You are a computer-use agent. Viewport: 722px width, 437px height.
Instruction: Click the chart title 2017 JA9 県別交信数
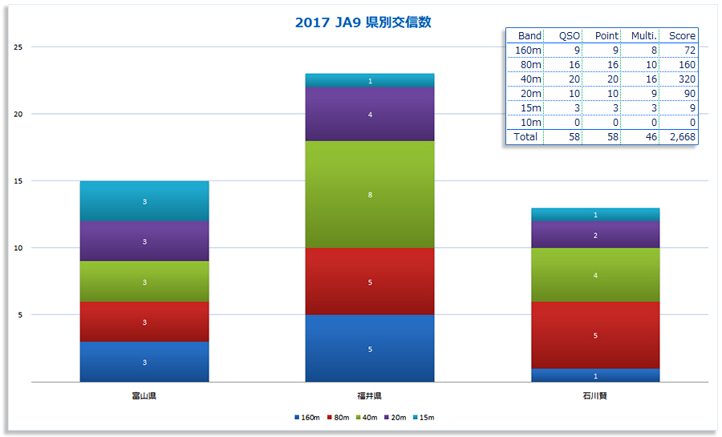point(363,22)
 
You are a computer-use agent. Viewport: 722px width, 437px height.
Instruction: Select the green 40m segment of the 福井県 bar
point(370,195)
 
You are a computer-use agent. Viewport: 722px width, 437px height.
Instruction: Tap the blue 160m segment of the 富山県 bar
point(144,362)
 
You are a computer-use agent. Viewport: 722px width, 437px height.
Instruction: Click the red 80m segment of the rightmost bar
point(595,335)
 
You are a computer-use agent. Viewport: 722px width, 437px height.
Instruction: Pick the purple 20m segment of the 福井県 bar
point(370,115)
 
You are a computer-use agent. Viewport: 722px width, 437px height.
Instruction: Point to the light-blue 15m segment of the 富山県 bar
point(144,201)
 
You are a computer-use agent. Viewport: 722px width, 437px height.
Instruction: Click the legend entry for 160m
point(307,418)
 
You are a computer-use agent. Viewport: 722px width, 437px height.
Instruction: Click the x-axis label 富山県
point(144,396)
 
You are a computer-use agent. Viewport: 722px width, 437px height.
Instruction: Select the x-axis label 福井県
point(370,396)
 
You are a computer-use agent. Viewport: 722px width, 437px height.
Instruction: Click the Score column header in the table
point(683,36)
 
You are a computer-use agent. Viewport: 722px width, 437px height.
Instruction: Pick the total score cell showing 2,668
point(683,137)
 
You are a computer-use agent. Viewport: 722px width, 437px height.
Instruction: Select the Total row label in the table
point(525,137)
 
